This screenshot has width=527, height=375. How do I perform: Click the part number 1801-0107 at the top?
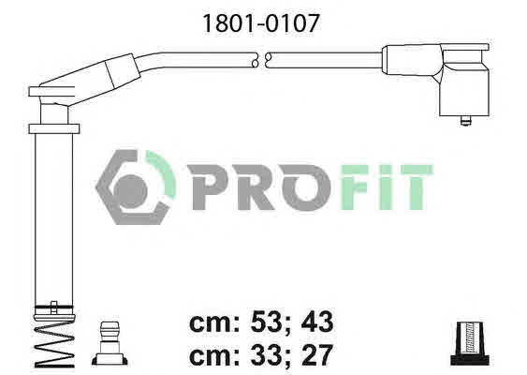click(261, 23)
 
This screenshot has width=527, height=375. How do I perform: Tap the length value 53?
click(266, 322)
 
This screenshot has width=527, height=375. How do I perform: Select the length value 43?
click(317, 322)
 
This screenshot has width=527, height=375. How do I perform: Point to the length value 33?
click(266, 354)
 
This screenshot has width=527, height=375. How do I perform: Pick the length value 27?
click(317, 354)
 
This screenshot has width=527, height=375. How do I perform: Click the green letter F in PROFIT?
click(358, 187)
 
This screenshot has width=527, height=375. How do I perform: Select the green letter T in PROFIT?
click(417, 187)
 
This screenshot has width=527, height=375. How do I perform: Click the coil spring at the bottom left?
click(53, 343)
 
